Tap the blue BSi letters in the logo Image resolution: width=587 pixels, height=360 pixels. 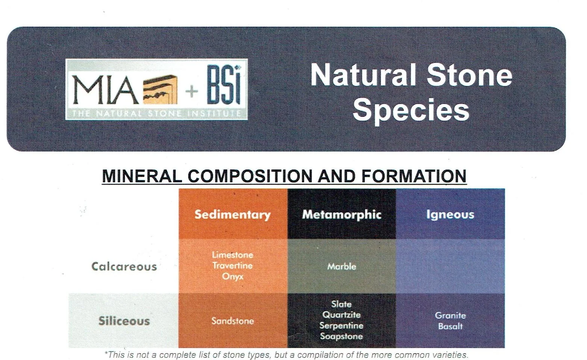[x=224, y=85]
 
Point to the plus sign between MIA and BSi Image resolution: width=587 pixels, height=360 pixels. [x=192, y=91]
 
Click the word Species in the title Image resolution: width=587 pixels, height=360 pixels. [x=411, y=110]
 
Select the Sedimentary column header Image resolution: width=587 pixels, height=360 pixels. [x=233, y=214]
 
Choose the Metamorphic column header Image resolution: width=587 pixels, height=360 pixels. [x=342, y=214]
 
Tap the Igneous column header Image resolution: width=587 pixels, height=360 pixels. [x=450, y=214]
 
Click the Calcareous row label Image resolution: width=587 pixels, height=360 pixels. [x=124, y=266]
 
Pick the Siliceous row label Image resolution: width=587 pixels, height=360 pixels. [x=124, y=321]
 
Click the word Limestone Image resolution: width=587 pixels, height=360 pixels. [x=233, y=255]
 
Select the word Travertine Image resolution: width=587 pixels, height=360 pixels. [x=233, y=266]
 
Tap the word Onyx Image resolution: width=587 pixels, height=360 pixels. [x=233, y=277]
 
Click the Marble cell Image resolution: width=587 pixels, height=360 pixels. [x=342, y=266]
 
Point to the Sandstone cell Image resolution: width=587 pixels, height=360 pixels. [x=233, y=321]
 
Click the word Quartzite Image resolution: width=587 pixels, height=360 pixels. [x=342, y=315]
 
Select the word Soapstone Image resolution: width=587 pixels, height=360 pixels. [x=342, y=336]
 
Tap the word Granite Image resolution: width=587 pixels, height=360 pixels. [x=450, y=315]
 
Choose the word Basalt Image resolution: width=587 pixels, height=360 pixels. [x=450, y=326]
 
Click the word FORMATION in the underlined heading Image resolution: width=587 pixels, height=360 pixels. [x=414, y=176]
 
